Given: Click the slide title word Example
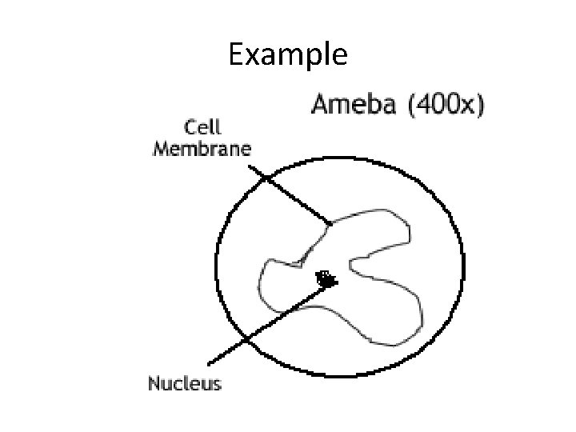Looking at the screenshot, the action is tap(288, 55).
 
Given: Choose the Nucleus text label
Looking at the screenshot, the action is tap(184, 384).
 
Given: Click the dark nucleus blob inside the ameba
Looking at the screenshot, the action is tap(326, 279).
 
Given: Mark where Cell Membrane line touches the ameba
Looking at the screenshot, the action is tap(328, 222).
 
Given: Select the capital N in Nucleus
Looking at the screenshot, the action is tap(154, 384).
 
